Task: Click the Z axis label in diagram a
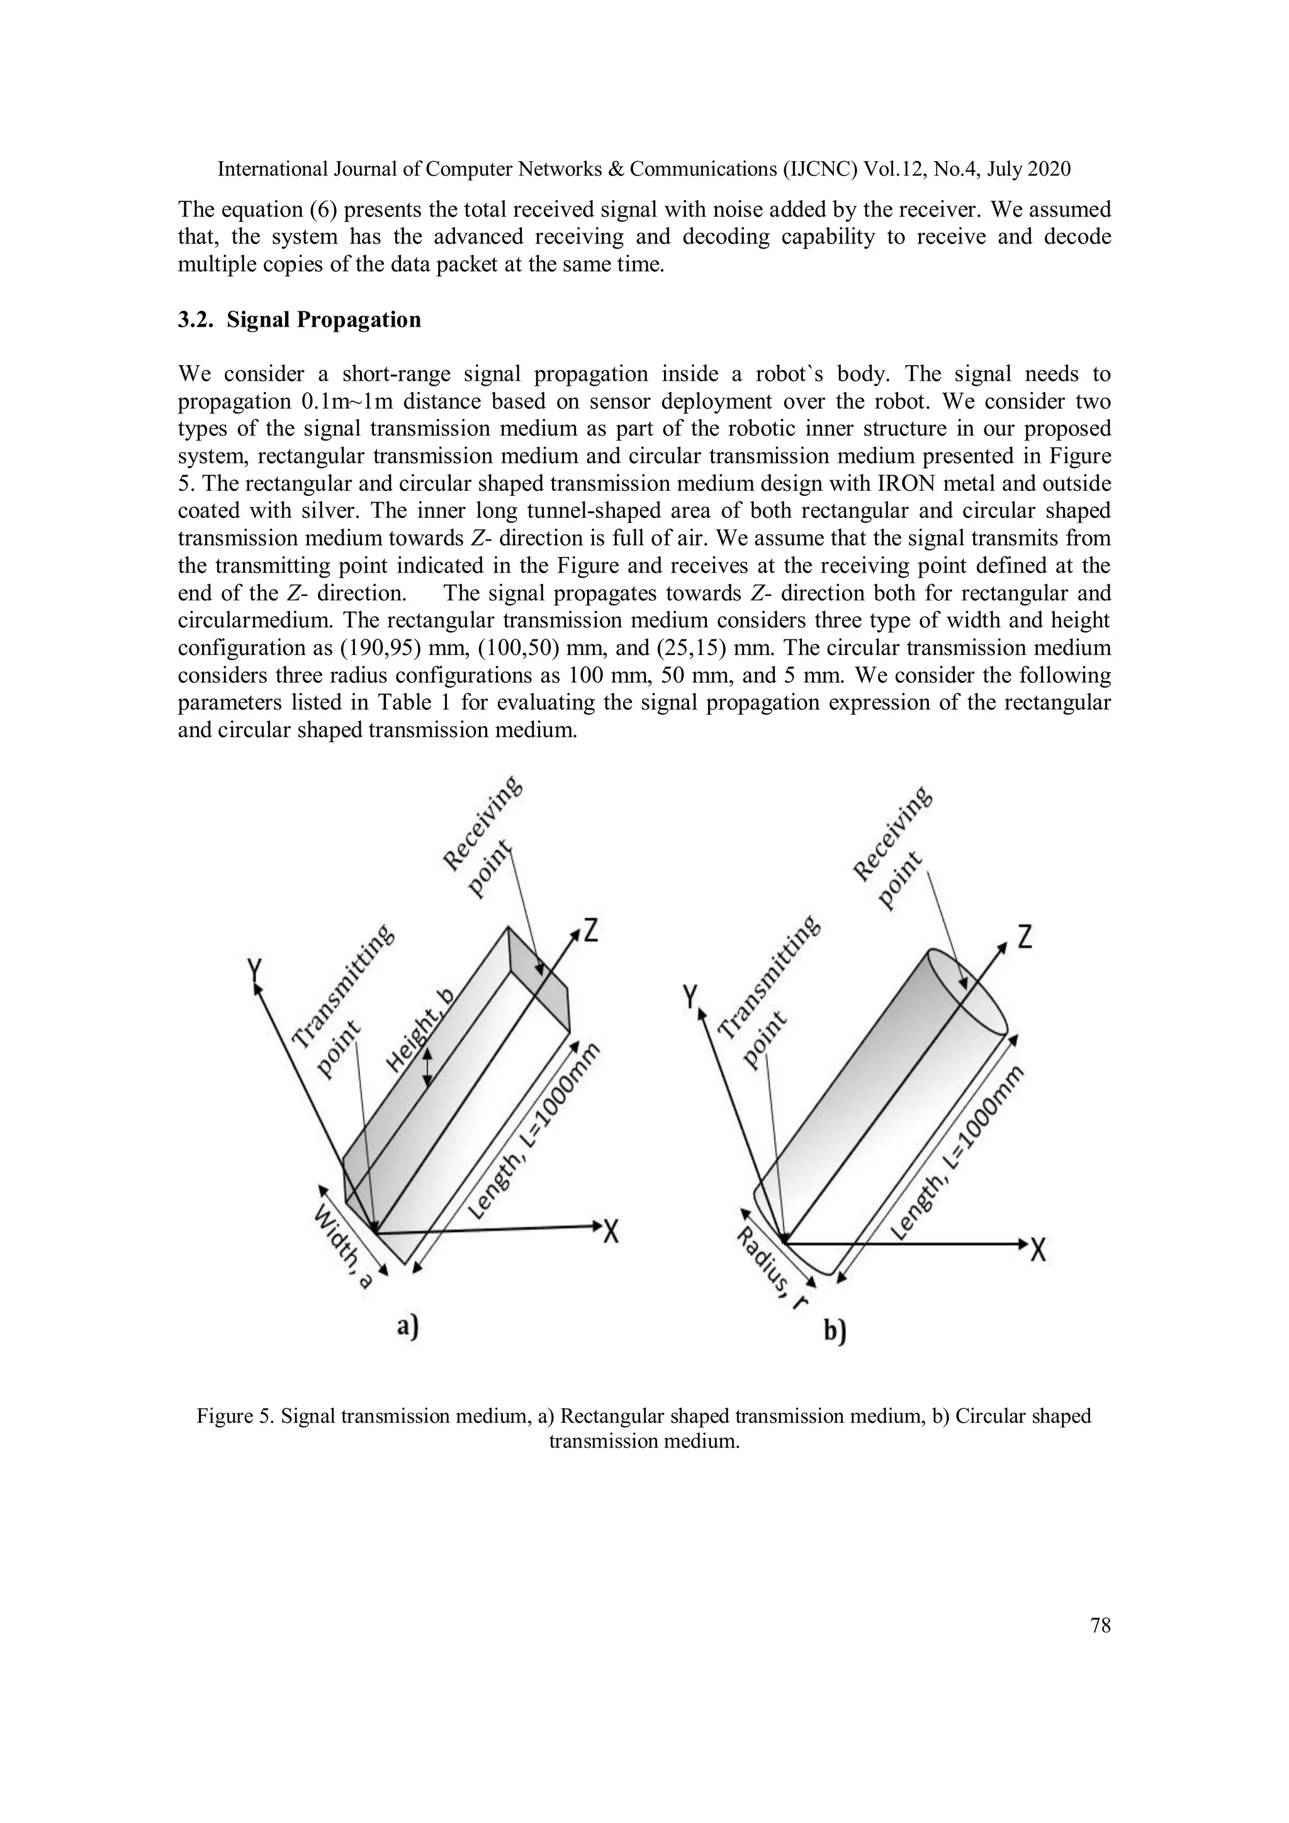[591, 930]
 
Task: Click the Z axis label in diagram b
[1025, 940]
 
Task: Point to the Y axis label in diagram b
[692, 996]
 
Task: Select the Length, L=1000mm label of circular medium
[957, 1153]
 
